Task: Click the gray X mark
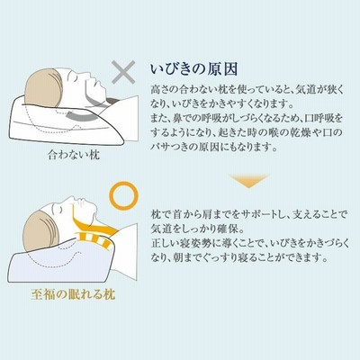coord(123,72)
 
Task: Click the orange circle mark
coord(124,183)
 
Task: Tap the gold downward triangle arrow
coord(248,181)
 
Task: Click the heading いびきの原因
coord(194,69)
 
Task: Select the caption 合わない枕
coord(74,155)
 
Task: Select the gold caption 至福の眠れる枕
coord(73,294)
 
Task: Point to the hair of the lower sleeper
coord(40,231)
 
